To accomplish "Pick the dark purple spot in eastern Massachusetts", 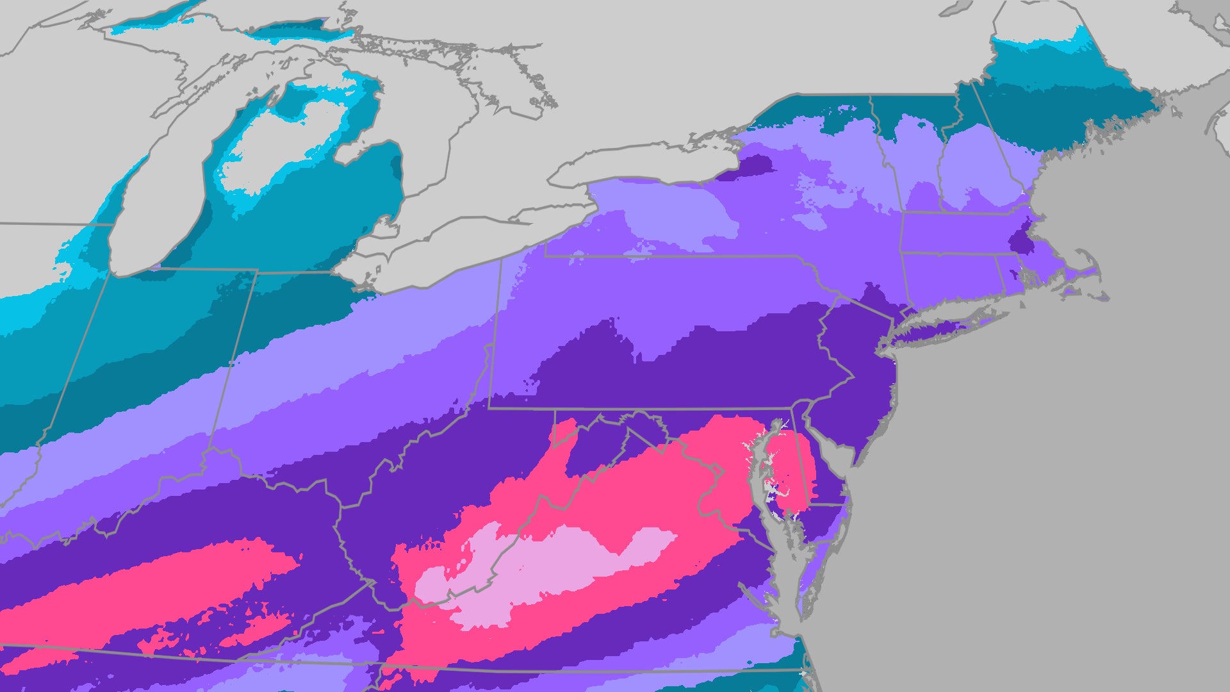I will [x=1020, y=237].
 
